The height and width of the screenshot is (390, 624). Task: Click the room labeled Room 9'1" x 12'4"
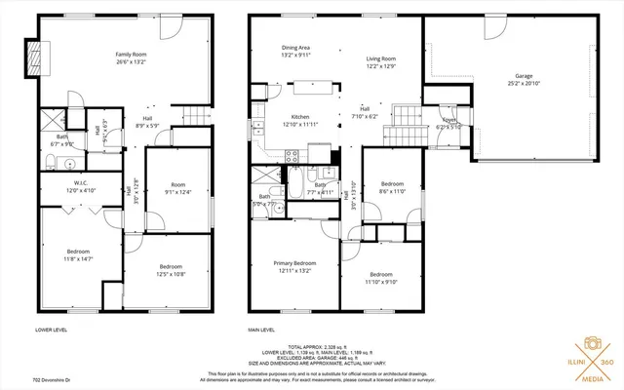click(x=177, y=188)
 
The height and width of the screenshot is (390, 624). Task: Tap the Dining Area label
click(x=295, y=51)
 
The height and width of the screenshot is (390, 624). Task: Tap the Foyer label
click(x=448, y=123)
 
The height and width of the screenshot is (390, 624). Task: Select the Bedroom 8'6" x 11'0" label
click(x=392, y=187)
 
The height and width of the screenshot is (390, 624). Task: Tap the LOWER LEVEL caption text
click(x=52, y=331)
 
